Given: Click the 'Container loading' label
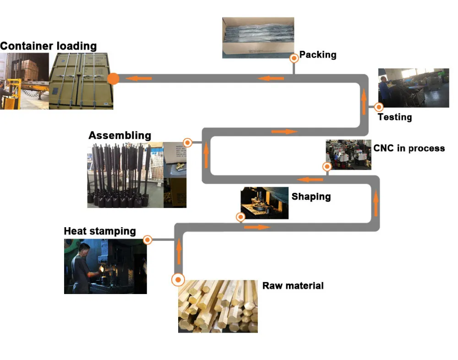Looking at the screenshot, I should (x=48, y=46).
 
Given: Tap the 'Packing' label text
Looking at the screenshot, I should (x=318, y=55).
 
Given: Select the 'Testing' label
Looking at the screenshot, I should (x=394, y=117).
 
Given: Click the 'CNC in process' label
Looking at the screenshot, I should (x=409, y=148).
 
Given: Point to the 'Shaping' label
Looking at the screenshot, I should (x=311, y=197).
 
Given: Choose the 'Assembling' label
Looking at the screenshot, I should (x=120, y=136).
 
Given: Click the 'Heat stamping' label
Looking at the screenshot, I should (x=100, y=231).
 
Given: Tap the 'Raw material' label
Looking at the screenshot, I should (x=293, y=286).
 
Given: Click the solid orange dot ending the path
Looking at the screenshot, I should (x=114, y=79).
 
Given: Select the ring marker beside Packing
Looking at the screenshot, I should (x=294, y=59).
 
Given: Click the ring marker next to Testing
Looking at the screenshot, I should (x=379, y=107).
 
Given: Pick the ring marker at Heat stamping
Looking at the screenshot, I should (x=147, y=240).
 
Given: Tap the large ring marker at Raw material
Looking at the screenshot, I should (x=178, y=279).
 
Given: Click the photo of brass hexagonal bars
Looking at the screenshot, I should (x=218, y=306).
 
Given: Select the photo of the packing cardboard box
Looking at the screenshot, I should (x=258, y=38).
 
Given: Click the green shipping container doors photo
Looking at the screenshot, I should (x=81, y=81).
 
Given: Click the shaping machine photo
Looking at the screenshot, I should (x=264, y=202).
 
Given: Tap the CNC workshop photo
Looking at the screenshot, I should (x=348, y=155).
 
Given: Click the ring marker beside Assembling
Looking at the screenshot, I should (x=187, y=142).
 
